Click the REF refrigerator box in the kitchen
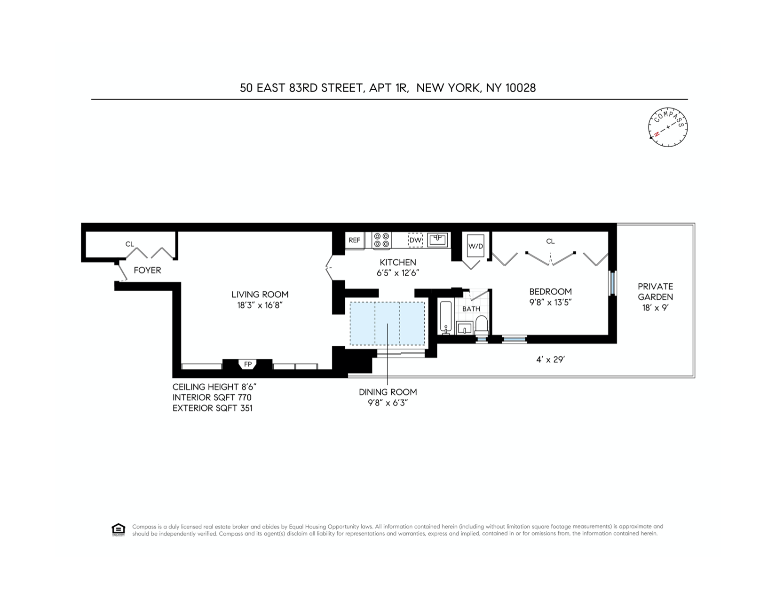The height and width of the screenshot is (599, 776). pos(355,240)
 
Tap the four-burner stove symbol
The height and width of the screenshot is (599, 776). pos(382,240)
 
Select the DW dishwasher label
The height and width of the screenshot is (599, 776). pos(415,240)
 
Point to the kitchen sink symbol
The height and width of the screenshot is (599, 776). pos(437,240)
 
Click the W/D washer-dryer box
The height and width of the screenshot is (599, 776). pos(475,246)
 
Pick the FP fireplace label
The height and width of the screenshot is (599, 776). pos(247,364)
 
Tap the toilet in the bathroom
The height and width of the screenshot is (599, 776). pos(482,324)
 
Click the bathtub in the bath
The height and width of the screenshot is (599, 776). pos(446,318)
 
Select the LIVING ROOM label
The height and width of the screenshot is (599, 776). pos(260,295)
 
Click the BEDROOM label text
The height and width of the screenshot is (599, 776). pos(550,292)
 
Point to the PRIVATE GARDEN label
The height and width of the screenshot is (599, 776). pos(655,292)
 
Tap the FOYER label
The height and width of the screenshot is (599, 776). pos(147,270)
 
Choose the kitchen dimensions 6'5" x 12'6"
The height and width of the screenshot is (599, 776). pos(398,273)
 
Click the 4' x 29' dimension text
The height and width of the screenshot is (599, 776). pos(550,360)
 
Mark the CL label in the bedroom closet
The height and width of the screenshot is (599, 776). pos(550,241)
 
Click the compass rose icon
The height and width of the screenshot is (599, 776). pos(668,127)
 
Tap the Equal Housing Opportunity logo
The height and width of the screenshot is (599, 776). pos(119,529)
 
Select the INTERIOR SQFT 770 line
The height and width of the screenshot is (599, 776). pos(212,397)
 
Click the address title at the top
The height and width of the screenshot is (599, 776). pos(388,88)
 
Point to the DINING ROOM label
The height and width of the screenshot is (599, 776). pos(388,392)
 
